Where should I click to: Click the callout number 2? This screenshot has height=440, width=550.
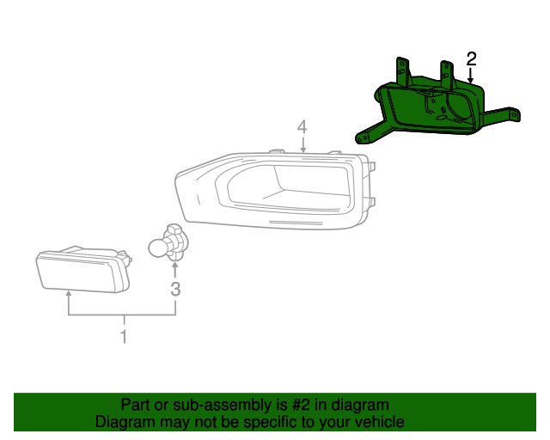tap(471, 58)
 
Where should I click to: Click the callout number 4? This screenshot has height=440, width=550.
tap(302, 127)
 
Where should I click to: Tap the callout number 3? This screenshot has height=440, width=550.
tap(175, 289)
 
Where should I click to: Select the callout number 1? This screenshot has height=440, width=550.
tap(124, 336)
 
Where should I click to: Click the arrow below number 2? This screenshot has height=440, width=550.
tap(471, 76)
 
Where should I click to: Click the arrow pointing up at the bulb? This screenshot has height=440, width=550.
tap(175, 269)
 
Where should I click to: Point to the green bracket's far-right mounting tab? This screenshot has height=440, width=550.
tap(512, 113)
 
